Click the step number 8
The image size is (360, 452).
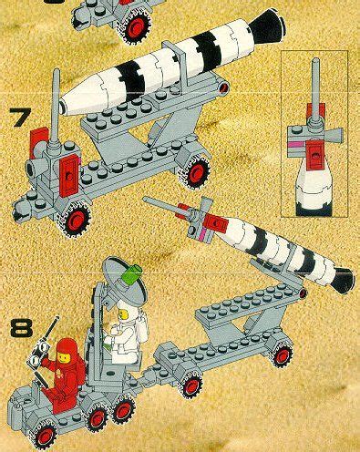(21, 328)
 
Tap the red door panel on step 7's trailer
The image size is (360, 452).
(69, 175)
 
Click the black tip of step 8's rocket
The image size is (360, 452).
(343, 280)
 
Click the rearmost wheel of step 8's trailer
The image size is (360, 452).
(282, 354)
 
